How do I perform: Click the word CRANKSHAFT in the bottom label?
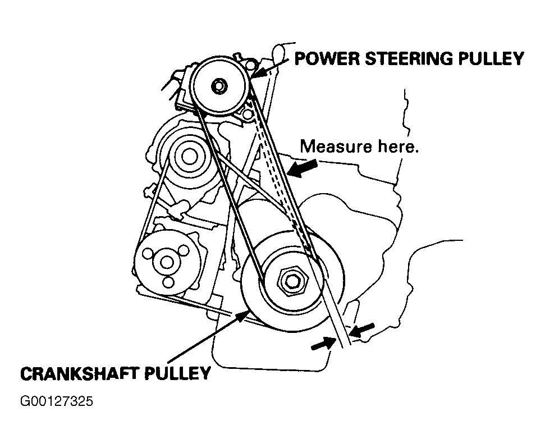tap(74, 373)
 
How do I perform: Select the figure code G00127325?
tap(56, 402)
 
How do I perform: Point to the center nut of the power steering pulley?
tap(218, 86)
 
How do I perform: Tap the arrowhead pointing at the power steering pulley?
tap(256, 74)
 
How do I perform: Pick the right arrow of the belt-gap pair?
tap(359, 330)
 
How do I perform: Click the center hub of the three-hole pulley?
tap(166, 262)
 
